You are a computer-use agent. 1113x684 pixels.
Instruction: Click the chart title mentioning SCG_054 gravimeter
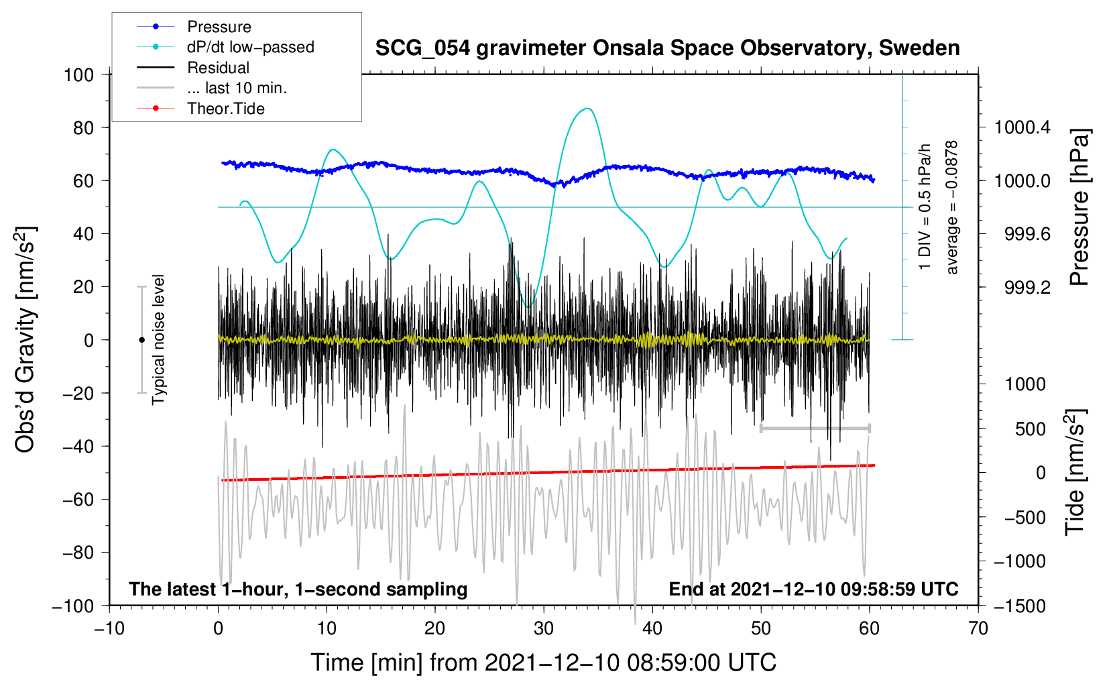click(667, 48)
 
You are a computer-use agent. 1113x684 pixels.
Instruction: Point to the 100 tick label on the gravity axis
click(79, 75)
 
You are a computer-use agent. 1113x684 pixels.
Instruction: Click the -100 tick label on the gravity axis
click(74, 606)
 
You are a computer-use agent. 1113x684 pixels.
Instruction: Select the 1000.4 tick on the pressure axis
click(1022, 128)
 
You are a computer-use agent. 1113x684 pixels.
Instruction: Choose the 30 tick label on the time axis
click(544, 629)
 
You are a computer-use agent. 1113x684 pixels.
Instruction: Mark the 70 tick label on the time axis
click(978, 629)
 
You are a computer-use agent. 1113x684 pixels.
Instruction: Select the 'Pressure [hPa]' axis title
click(1079, 207)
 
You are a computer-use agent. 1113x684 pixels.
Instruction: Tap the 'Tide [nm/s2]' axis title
click(1075, 472)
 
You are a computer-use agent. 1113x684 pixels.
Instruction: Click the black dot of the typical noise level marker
click(141, 340)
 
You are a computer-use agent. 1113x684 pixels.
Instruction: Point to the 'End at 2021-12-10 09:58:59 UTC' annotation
click(814, 589)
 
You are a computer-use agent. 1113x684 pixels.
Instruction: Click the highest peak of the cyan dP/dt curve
click(588, 109)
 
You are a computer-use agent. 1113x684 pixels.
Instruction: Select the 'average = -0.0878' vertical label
click(951, 207)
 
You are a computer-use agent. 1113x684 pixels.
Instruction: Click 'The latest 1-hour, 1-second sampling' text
click(298, 589)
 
